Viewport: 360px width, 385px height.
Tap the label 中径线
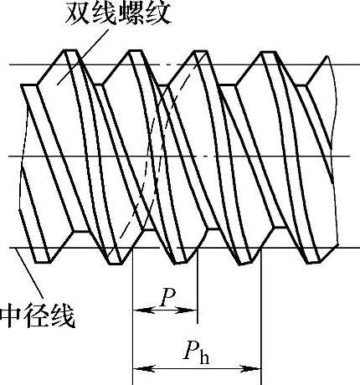(38, 317)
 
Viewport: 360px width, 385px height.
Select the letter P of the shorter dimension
(168, 298)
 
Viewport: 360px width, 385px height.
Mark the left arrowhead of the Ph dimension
(143, 369)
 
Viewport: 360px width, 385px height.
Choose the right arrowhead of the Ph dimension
(250, 369)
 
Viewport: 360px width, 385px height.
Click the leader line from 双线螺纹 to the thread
(83, 55)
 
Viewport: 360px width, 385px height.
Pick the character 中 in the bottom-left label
(11, 317)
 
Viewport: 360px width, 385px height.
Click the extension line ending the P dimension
(198, 286)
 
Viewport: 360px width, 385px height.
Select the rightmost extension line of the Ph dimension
(261, 316)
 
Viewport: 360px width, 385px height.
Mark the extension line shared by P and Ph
(132, 316)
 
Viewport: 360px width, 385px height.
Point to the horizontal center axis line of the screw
(179, 156)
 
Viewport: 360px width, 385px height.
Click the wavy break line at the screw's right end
(332, 151)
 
